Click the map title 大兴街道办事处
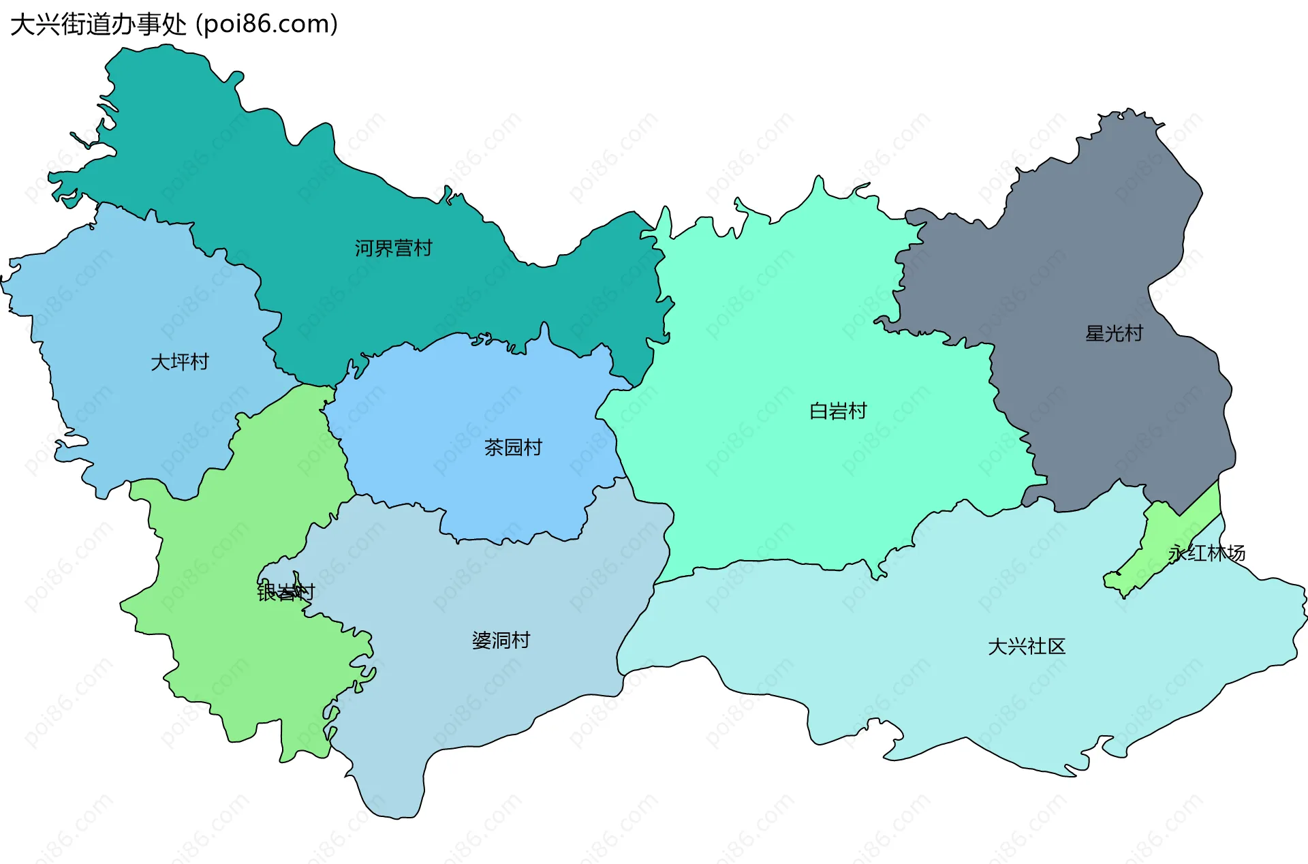[x=99, y=25]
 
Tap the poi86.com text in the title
[x=266, y=25]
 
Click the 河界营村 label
[x=393, y=248]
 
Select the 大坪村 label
[x=179, y=362]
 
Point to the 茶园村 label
[x=513, y=448]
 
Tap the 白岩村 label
[x=837, y=411]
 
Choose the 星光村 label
[x=1114, y=333]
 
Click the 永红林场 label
[x=1206, y=553]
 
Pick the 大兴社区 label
[x=1026, y=646]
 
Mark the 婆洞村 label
[x=501, y=641]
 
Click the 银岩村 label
[x=285, y=592]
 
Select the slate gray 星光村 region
[x=1090, y=259]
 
